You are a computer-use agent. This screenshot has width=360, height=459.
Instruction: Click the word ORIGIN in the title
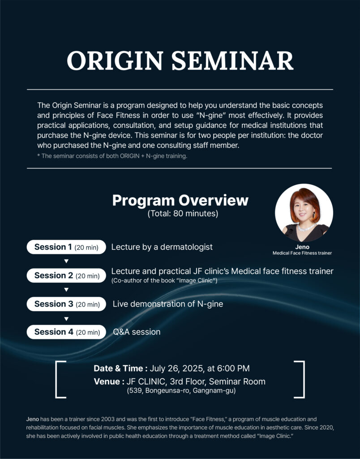(115, 61)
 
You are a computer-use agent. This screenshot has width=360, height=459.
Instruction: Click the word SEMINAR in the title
(232, 61)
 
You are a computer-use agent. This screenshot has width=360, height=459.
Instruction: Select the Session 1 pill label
(66, 247)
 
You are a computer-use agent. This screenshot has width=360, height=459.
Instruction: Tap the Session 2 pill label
(66, 276)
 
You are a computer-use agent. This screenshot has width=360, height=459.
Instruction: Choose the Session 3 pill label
(66, 304)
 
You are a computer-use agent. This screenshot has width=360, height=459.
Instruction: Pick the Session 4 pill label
(66, 332)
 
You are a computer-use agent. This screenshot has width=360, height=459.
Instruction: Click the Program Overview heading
(180, 200)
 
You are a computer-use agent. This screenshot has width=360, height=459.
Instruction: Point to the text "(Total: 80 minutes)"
(183, 213)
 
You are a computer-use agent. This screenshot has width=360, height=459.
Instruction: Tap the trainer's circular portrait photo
(304, 213)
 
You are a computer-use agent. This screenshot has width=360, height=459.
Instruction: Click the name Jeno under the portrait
(302, 247)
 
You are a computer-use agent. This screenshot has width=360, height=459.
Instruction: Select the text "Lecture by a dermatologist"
(162, 247)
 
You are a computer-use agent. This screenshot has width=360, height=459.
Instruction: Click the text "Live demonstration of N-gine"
(168, 304)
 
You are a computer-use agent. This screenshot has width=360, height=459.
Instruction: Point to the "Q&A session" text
(137, 332)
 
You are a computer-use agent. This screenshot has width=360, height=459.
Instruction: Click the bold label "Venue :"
(109, 381)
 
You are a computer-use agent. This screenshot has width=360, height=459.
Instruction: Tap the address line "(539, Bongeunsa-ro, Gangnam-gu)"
(181, 390)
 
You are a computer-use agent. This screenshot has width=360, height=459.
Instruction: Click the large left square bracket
(56, 379)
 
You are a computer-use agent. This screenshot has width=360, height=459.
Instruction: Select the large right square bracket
(304, 379)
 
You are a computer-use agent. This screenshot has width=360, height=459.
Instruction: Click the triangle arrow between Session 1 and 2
(66, 261)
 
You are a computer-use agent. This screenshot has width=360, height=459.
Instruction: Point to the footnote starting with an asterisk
(112, 156)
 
